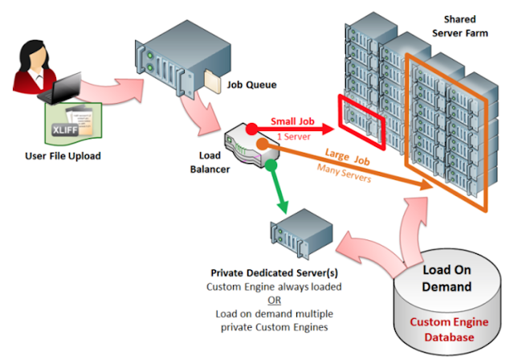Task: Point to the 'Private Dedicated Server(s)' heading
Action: coord(269,272)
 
